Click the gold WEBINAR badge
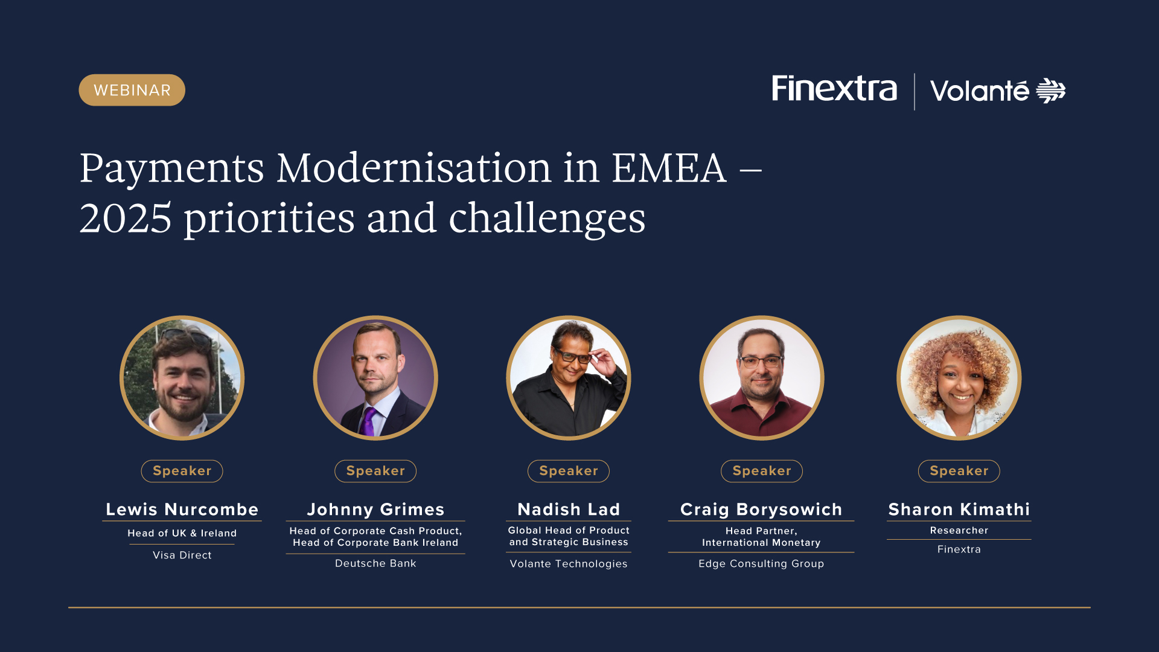click(x=132, y=90)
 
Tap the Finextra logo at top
click(x=834, y=89)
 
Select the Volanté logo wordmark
click(x=998, y=91)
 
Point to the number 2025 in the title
click(x=126, y=219)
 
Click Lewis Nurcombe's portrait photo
click(x=182, y=378)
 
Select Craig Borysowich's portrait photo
click(x=761, y=378)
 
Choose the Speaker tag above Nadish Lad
click(x=569, y=471)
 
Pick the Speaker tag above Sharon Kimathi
click(x=959, y=471)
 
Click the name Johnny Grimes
click(x=375, y=510)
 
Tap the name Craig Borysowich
click(x=761, y=510)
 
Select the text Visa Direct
click(x=182, y=555)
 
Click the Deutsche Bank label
click(x=375, y=563)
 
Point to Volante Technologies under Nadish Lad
click(x=569, y=564)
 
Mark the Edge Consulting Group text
click(x=761, y=564)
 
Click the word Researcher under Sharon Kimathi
click(x=959, y=531)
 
